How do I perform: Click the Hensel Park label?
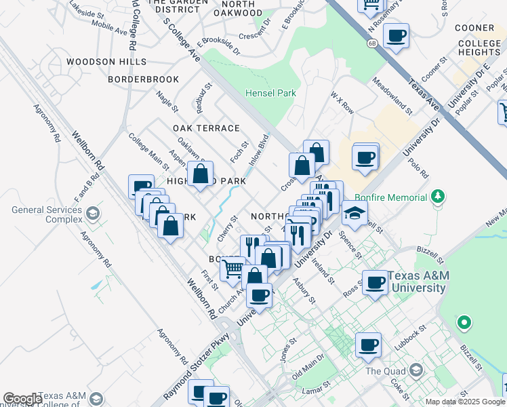(x=271, y=93)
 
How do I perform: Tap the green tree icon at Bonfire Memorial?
(x=439, y=197)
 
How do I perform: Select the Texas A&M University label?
(x=416, y=282)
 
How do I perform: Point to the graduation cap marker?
(x=354, y=213)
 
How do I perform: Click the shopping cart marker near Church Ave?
(x=232, y=269)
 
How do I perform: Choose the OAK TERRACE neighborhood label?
(x=206, y=128)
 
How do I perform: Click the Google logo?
(x=22, y=399)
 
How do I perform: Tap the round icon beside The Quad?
(x=415, y=371)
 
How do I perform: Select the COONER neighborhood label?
(x=474, y=28)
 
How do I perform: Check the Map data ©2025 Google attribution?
(x=465, y=402)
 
